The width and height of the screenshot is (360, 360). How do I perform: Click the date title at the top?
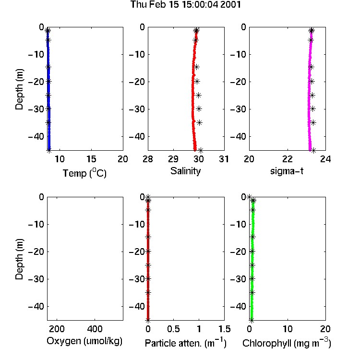pyautogui.click(x=185, y=5)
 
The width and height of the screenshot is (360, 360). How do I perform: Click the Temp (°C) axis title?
pyautogui.click(x=84, y=173)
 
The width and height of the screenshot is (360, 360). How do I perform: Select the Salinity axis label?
pyautogui.click(x=185, y=171)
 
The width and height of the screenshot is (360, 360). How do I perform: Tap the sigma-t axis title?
pyautogui.click(x=287, y=171)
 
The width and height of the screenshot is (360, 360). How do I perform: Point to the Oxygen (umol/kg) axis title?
pyautogui.click(x=84, y=341)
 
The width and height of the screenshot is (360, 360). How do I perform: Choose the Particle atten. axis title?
pyautogui.click(x=186, y=343)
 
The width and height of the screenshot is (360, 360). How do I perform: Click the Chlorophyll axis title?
pyautogui.click(x=287, y=343)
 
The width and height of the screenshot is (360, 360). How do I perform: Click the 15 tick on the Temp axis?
pyautogui.click(x=91, y=159)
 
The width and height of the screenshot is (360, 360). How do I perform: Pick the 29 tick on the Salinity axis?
pyautogui.click(x=173, y=159)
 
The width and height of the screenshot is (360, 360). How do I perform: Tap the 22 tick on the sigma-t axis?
pyautogui.click(x=288, y=159)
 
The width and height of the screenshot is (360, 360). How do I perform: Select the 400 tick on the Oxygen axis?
pyautogui.click(x=95, y=329)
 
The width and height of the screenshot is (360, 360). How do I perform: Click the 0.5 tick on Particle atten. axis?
pyautogui.click(x=173, y=329)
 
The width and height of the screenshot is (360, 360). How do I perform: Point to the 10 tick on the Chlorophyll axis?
pyautogui.click(x=288, y=329)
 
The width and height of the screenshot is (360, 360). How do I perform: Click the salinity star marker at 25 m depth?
pyautogui.click(x=198, y=96)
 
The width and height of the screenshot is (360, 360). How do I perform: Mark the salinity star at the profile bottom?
pyautogui.click(x=201, y=151)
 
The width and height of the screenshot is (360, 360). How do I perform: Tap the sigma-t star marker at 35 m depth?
pyautogui.click(x=313, y=122)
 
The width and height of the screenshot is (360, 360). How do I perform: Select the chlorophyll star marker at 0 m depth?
pyautogui.click(x=249, y=197)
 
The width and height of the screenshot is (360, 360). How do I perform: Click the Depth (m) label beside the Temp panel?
pyautogui.click(x=19, y=89)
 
